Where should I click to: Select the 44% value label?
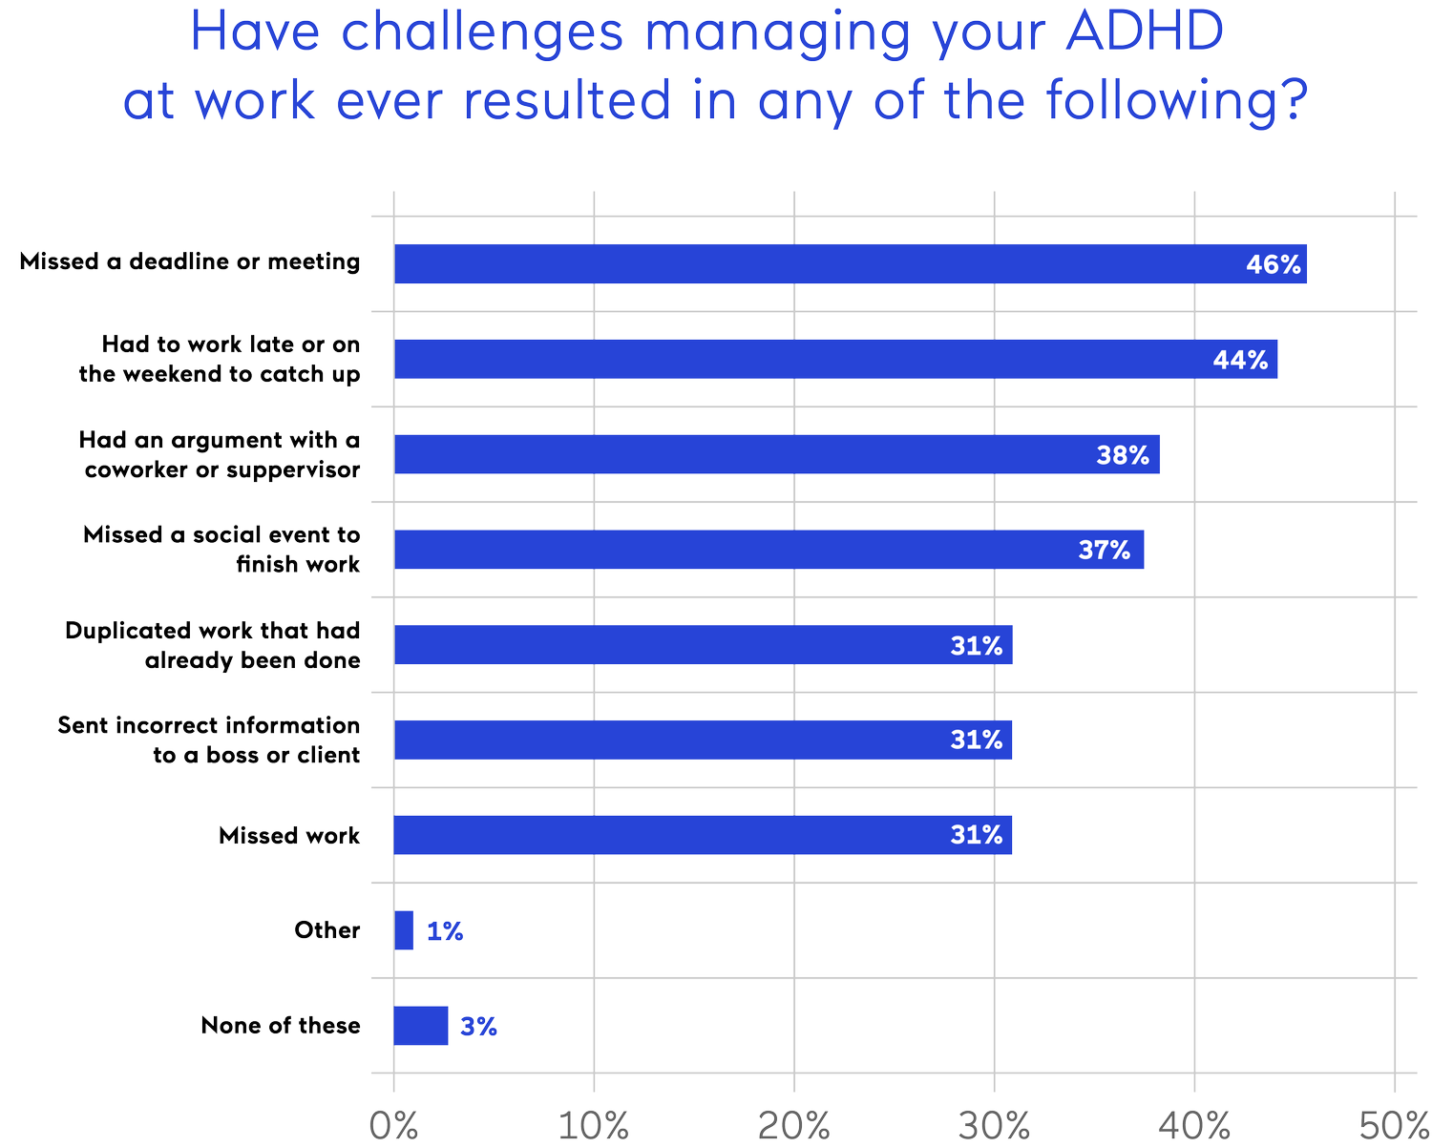point(1240,360)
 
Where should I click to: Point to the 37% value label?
point(1104,550)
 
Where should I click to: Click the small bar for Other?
point(405,930)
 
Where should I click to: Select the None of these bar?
point(421,1026)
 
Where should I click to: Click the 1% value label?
point(445,931)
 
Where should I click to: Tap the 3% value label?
point(478,1027)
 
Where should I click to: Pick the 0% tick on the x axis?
point(393,1125)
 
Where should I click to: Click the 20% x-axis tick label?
point(793,1125)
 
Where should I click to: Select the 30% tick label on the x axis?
point(994,1125)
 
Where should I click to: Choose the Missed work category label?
point(289,836)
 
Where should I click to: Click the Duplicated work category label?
point(213,645)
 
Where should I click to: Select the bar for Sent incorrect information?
point(704,740)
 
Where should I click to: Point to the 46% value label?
point(1273,264)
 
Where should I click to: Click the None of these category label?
point(281,1026)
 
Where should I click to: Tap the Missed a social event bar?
point(769,550)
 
